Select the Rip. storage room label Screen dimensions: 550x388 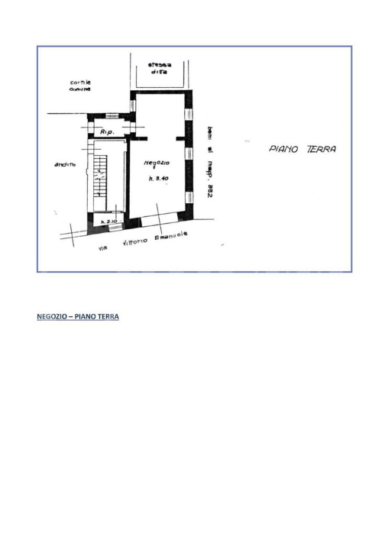tap(106, 133)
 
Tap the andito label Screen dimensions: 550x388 tap(65, 165)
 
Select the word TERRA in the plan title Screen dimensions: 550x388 tap(321, 150)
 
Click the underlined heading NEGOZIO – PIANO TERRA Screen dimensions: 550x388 tap(78, 316)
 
